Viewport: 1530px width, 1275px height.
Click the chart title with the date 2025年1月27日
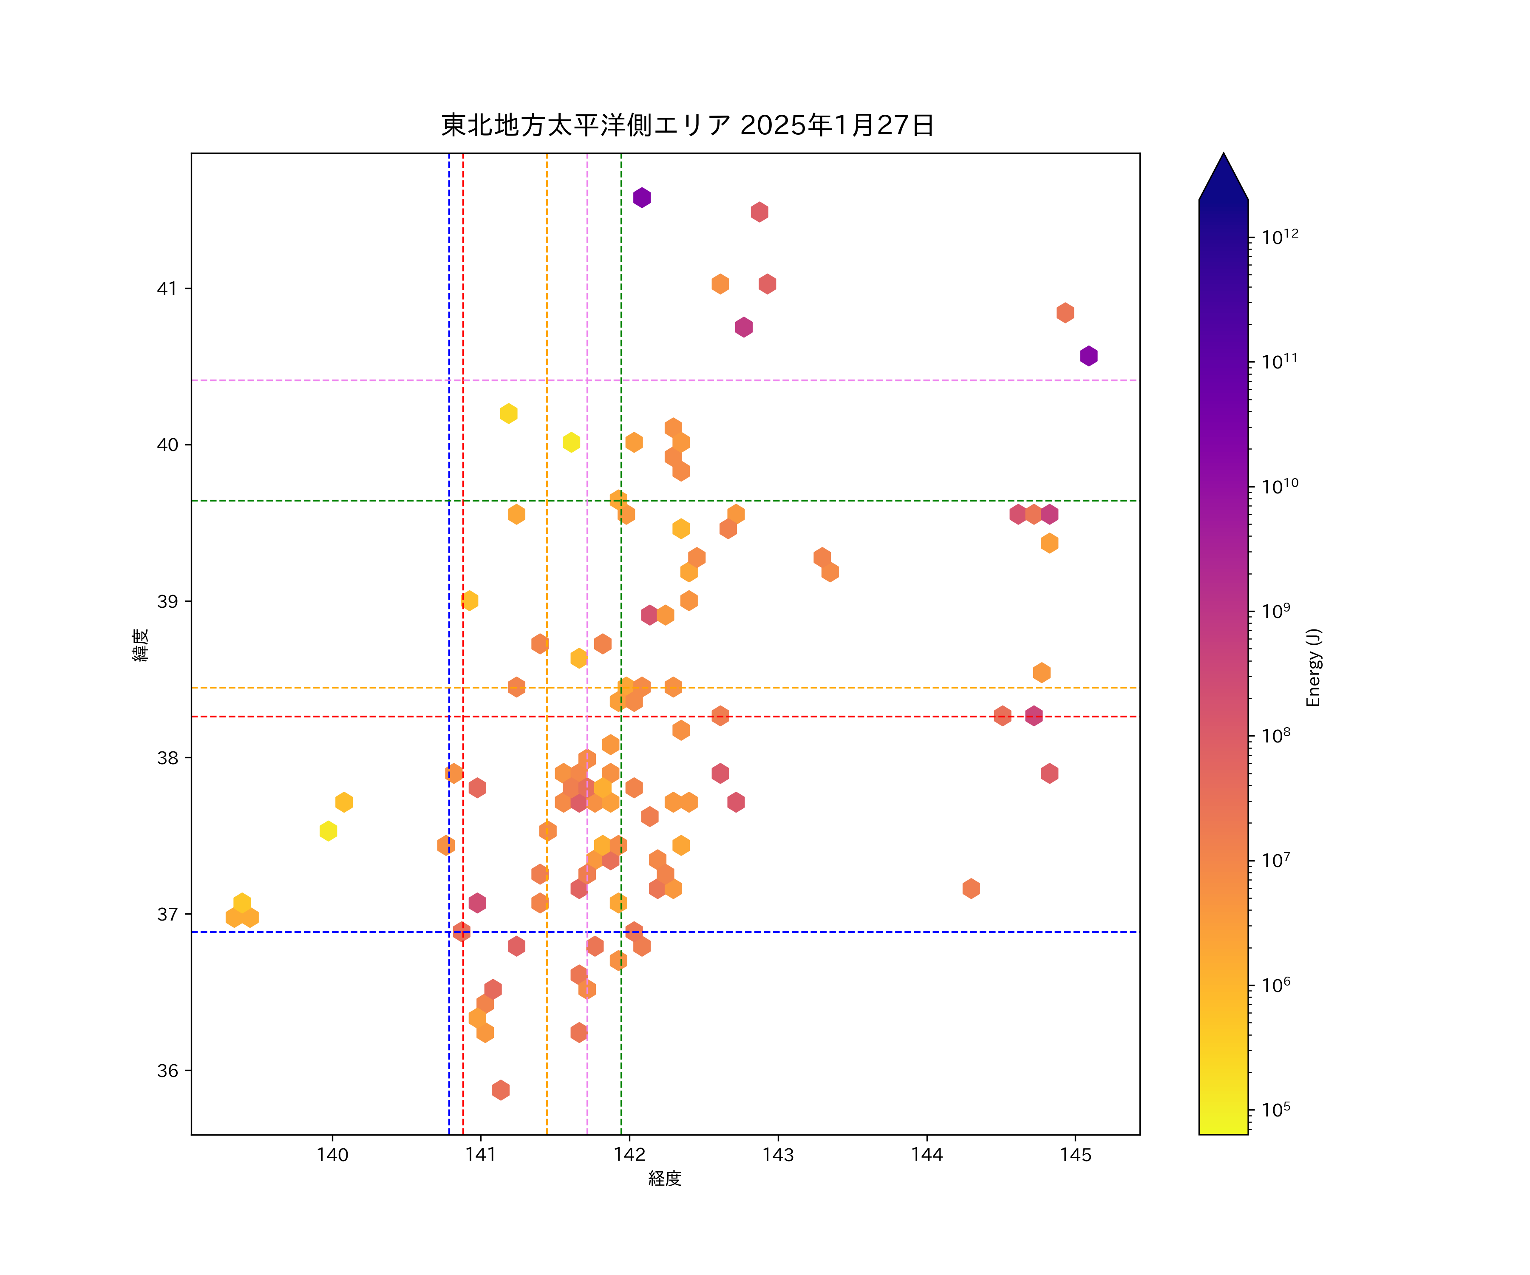(687, 125)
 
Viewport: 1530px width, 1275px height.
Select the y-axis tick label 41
(167, 289)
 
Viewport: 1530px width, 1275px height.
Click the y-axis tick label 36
(167, 1070)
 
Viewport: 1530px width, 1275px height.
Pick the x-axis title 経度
(664, 1178)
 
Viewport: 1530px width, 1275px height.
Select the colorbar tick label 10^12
(1279, 237)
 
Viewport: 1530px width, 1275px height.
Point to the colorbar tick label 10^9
(1276, 611)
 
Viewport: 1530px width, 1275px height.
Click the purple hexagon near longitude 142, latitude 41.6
(642, 198)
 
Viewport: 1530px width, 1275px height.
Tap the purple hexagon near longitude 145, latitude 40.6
(1088, 356)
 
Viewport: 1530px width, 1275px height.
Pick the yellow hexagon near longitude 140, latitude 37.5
(329, 830)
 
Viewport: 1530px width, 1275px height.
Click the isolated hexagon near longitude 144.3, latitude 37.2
(970, 888)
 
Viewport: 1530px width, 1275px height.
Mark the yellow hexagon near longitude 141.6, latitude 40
(571, 442)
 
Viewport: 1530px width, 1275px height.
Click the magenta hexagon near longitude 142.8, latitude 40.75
(743, 327)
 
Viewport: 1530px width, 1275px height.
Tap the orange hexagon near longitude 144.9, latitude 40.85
(1065, 312)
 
